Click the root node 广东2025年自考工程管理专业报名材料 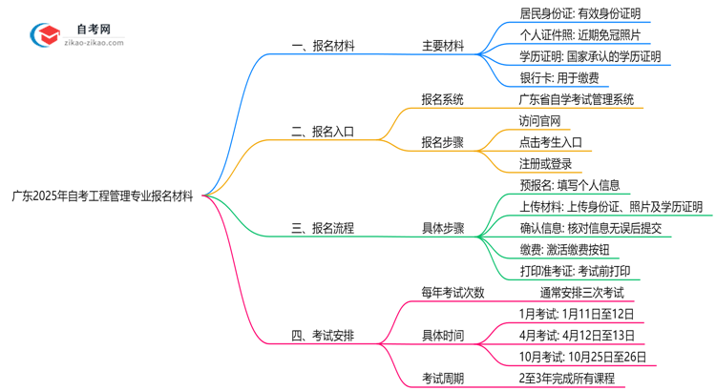pos(102,195)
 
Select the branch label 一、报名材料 pos(322,45)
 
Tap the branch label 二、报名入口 pos(322,132)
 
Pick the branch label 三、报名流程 pos(322,228)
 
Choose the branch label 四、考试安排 pos(322,335)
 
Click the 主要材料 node pos(443,45)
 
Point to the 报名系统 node pos(443,99)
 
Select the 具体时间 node pos(443,335)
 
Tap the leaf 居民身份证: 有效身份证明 pos(579,13)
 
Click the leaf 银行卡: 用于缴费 pos(559,78)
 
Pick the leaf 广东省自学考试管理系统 pos(576,99)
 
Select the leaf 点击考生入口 pos(551,142)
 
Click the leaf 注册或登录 pos(545,164)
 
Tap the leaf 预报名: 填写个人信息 pos(569,185)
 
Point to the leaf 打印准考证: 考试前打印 pos(575,271)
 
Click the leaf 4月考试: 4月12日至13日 pos(576,335)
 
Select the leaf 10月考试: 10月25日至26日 pos(582,357)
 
